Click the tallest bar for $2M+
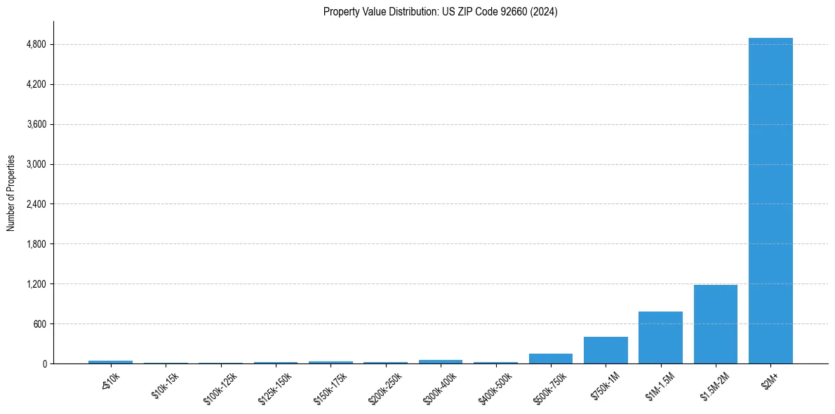(770, 201)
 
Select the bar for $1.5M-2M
(715, 324)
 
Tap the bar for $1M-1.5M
(660, 338)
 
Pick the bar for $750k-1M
(606, 350)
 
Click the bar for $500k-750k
(551, 359)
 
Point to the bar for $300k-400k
(441, 361)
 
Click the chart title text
(440, 12)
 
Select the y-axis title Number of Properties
(11, 193)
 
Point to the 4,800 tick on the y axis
(35, 45)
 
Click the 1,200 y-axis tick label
(35, 284)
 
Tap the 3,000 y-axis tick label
(35, 164)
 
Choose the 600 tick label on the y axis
(39, 324)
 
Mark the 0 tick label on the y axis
(44, 364)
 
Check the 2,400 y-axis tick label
(35, 204)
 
